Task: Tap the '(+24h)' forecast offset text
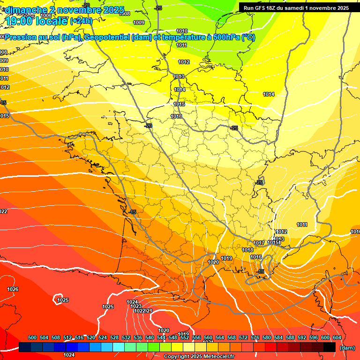click(82, 21)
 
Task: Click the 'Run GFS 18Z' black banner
click(296, 7)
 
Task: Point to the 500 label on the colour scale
click(32, 337)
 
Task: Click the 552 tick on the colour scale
click(185, 337)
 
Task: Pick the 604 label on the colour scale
click(337, 337)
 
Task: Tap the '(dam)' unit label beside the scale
click(347, 347)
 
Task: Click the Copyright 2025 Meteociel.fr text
click(198, 357)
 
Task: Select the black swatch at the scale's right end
click(330, 347)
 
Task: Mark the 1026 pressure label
click(13, 289)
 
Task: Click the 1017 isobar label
click(259, 243)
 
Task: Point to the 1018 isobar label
click(247, 250)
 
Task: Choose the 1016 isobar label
click(256, 257)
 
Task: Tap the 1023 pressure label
click(136, 306)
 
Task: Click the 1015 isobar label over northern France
click(179, 104)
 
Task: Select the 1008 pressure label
click(125, 14)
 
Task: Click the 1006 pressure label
click(46, 16)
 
